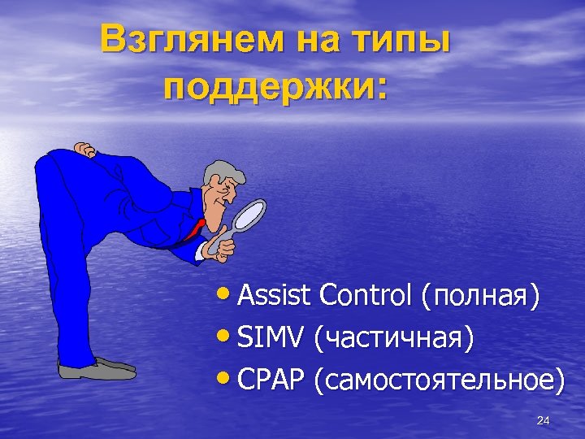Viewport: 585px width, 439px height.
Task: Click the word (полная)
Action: click(480, 298)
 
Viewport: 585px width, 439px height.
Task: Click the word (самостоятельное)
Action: click(442, 380)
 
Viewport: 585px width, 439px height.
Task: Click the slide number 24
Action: click(544, 420)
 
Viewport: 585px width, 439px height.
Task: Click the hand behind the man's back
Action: click(84, 149)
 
